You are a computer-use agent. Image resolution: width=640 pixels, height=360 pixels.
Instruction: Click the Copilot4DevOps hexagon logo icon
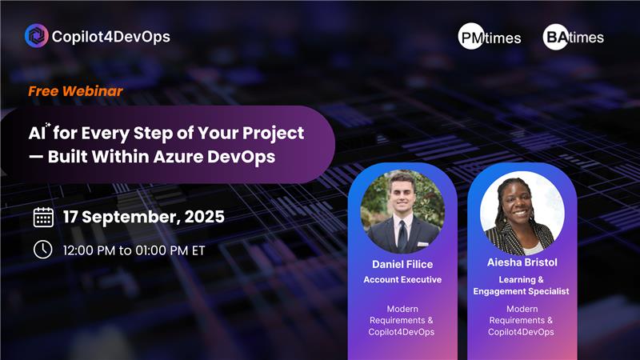coord(35,36)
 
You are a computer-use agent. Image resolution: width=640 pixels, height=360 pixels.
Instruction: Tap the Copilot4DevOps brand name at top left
coord(110,36)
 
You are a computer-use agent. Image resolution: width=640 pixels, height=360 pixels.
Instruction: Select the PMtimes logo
coord(490,37)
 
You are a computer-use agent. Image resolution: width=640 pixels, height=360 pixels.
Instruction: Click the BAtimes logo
coord(574,37)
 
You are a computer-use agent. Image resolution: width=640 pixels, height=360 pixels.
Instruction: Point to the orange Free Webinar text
coord(75,91)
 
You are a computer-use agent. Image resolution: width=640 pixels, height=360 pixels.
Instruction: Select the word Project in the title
coord(275,132)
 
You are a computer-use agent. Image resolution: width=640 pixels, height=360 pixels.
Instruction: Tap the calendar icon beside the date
coord(43,217)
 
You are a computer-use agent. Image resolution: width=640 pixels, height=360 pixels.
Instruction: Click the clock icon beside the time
coord(43,250)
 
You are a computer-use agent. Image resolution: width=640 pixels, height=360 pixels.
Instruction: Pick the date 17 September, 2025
coord(144,217)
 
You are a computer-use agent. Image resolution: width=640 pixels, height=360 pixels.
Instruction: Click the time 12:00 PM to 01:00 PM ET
coord(134,250)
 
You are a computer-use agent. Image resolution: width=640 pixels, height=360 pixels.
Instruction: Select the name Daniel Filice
coord(402,264)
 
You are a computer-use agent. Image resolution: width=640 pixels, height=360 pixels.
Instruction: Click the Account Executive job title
coord(402,280)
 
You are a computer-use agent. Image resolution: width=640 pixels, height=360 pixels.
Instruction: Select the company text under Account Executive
coord(402,319)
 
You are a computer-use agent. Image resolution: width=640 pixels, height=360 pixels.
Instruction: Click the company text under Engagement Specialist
coord(522,319)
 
